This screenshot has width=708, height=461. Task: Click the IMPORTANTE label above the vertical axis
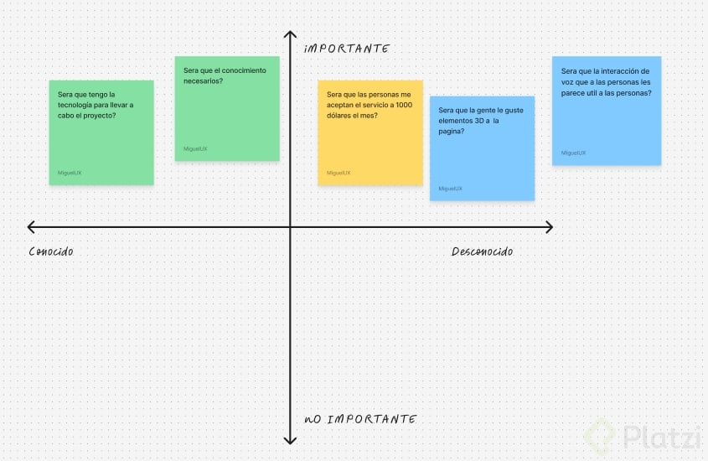point(347,49)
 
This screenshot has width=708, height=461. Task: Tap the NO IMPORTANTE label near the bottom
point(359,418)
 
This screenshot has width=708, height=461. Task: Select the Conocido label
point(50,251)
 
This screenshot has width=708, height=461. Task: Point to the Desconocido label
point(482,251)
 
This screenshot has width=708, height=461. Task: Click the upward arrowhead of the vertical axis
point(290,35)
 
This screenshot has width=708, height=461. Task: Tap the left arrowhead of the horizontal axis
point(32,227)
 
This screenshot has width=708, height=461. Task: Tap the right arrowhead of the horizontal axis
point(548,227)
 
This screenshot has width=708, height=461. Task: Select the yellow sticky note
point(370,132)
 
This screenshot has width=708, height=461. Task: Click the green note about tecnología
point(101,132)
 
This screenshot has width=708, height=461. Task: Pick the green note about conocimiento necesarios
point(227,108)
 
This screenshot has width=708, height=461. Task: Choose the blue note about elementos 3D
point(482,148)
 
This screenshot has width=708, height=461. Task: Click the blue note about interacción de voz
point(607,111)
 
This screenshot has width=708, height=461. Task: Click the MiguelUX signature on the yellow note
point(338,173)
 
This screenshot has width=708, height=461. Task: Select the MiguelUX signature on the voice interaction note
point(574,153)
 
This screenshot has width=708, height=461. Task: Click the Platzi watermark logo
point(640,436)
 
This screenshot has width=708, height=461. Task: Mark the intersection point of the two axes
point(290,227)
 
